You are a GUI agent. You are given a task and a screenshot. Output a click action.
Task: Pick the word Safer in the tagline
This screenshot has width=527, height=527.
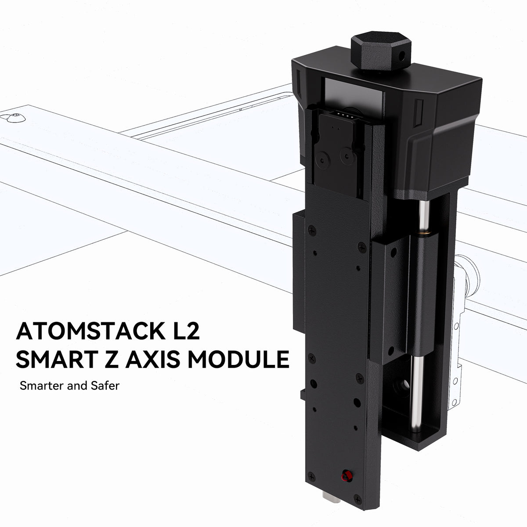[104, 387]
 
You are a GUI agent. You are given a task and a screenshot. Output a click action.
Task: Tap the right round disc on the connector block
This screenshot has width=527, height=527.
[348, 155]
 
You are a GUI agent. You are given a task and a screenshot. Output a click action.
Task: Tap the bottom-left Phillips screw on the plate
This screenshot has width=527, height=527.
[312, 475]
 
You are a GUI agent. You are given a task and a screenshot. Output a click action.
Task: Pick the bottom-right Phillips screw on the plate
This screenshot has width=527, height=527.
[358, 498]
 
